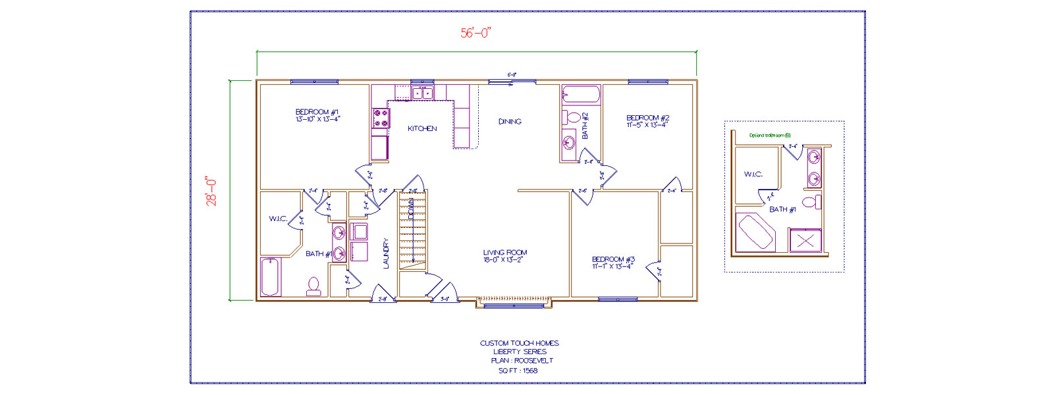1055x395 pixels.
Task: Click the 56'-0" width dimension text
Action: click(476, 33)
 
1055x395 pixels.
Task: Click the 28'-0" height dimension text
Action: click(212, 191)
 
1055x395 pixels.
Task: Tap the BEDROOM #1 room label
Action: click(317, 116)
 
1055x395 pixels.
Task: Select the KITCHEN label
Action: click(422, 128)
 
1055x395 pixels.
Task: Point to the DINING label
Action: click(510, 122)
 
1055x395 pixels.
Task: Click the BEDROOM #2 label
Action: click(647, 121)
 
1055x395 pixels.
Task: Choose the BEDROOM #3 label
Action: click(613, 263)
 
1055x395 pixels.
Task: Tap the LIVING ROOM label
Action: click(504, 255)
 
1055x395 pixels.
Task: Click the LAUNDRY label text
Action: click(387, 253)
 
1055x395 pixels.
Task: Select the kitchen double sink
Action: click(423, 93)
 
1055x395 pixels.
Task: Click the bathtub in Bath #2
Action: click(582, 95)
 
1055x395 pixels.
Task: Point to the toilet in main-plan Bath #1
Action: click(313, 286)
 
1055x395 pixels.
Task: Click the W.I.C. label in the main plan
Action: click(278, 219)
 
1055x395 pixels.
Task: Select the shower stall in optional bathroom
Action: click(805, 240)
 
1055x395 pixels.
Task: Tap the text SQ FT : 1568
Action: click(518, 371)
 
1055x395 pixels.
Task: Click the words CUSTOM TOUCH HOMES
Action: click(519, 343)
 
